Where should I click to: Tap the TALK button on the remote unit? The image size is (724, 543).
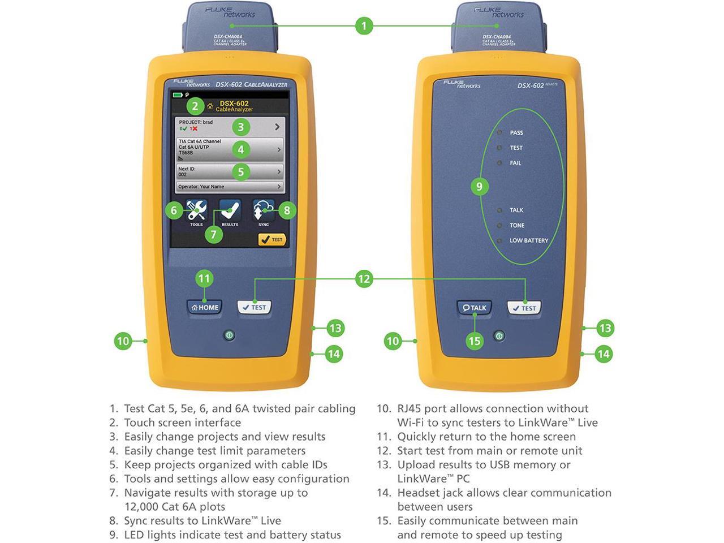point(474,308)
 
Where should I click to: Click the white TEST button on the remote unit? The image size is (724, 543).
point(524,308)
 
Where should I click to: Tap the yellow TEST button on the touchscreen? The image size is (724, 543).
point(272,240)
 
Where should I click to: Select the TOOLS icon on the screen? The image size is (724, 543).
point(196,212)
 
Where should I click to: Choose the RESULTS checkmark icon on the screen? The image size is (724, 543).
point(230,212)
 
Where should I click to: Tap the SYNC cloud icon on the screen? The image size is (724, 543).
point(264,212)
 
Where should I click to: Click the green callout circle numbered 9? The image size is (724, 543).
point(479,186)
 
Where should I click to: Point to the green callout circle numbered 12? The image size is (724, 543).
point(364,278)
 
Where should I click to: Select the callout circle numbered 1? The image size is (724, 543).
point(364,25)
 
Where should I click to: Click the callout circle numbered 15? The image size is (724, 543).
point(474,341)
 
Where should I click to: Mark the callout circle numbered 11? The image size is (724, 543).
point(204,278)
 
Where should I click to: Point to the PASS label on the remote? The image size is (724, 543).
point(516,133)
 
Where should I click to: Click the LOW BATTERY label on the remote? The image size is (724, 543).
point(528,240)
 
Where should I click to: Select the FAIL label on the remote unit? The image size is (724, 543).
point(515,163)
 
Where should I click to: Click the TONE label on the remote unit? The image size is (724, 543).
point(516,225)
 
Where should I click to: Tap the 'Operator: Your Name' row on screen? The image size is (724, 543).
point(229,187)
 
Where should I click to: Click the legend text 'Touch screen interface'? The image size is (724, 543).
point(182,423)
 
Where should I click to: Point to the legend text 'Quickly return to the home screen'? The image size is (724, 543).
point(486,437)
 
